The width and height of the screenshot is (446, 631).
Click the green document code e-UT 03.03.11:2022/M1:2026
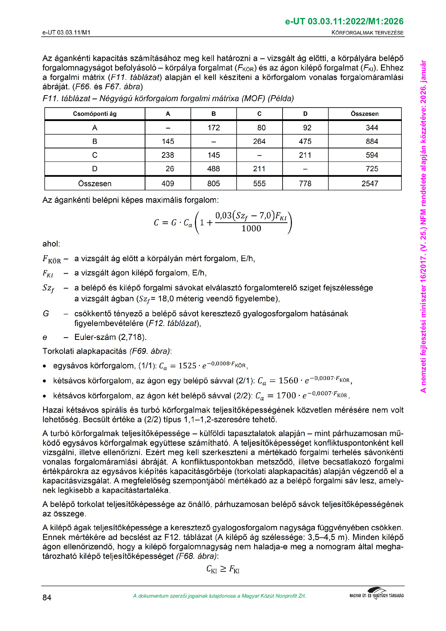tap(344, 21)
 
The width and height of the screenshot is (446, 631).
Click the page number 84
tap(47, 597)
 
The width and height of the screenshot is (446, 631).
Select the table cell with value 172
tap(214, 128)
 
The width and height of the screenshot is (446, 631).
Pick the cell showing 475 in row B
tap(305, 141)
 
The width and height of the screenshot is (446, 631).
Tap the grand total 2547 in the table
tap(370, 184)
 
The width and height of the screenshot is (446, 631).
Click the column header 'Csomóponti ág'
tap(94, 114)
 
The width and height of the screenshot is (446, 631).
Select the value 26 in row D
tap(170, 169)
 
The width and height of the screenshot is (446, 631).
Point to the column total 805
tap(214, 184)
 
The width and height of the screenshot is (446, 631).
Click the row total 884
tap(372, 141)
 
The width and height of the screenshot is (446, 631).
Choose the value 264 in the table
tap(259, 141)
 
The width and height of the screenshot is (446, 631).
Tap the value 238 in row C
tap(168, 155)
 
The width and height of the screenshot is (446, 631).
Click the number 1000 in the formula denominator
tap(251, 229)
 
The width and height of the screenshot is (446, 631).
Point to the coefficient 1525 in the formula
tap(187, 366)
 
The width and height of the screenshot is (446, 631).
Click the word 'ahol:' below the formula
tap(51, 244)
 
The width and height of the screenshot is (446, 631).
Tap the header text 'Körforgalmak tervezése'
tap(367, 33)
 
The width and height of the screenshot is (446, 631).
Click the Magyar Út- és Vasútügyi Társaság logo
tap(376, 595)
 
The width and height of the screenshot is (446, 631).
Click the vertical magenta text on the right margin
tap(424, 225)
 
